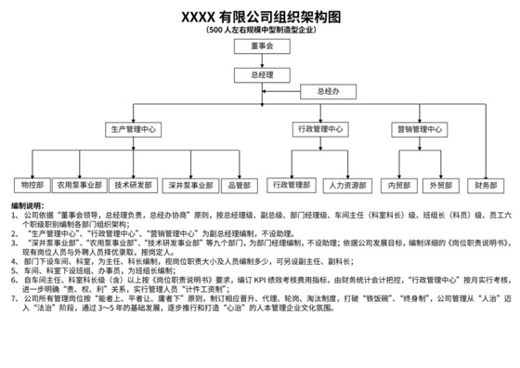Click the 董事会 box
pyautogui.click(x=261, y=46)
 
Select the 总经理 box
pyautogui.click(x=261, y=73)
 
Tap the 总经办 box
pyautogui.click(x=329, y=92)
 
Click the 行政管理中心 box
pyautogui.click(x=320, y=129)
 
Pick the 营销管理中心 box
pyautogui.click(x=414, y=129)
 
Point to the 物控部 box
pyautogui.click(x=25, y=185)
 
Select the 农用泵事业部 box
pyautogui.click(x=79, y=185)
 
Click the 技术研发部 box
pyautogui.click(x=134, y=185)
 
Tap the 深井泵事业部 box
pyautogui.click(x=192, y=185)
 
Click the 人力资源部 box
pyautogui.click(x=347, y=185)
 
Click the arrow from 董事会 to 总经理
pyautogui.click(x=261, y=59)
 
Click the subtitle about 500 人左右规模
pyautogui.click(x=260, y=31)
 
